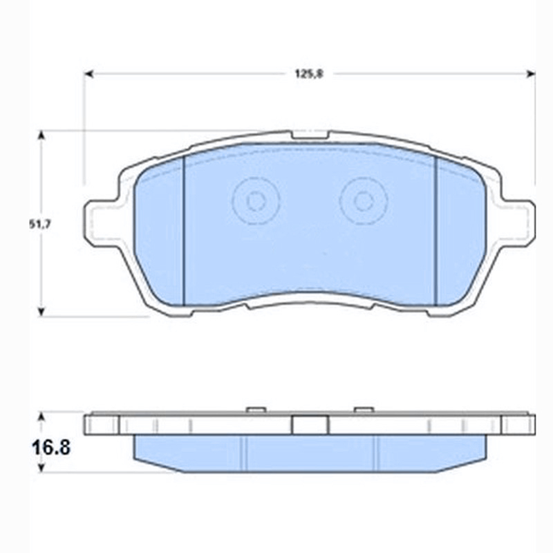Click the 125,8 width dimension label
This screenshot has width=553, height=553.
309,74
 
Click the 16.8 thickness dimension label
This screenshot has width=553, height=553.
49,447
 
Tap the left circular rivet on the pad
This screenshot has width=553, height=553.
255,201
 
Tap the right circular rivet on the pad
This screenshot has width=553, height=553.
364,201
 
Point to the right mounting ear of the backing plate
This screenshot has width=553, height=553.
520,223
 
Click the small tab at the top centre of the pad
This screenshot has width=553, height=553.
309,135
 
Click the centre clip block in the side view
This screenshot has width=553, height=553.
309,424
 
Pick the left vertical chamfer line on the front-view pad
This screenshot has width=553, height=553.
185,228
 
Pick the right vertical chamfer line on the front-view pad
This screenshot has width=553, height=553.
436,228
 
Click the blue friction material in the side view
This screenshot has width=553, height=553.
309,453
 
